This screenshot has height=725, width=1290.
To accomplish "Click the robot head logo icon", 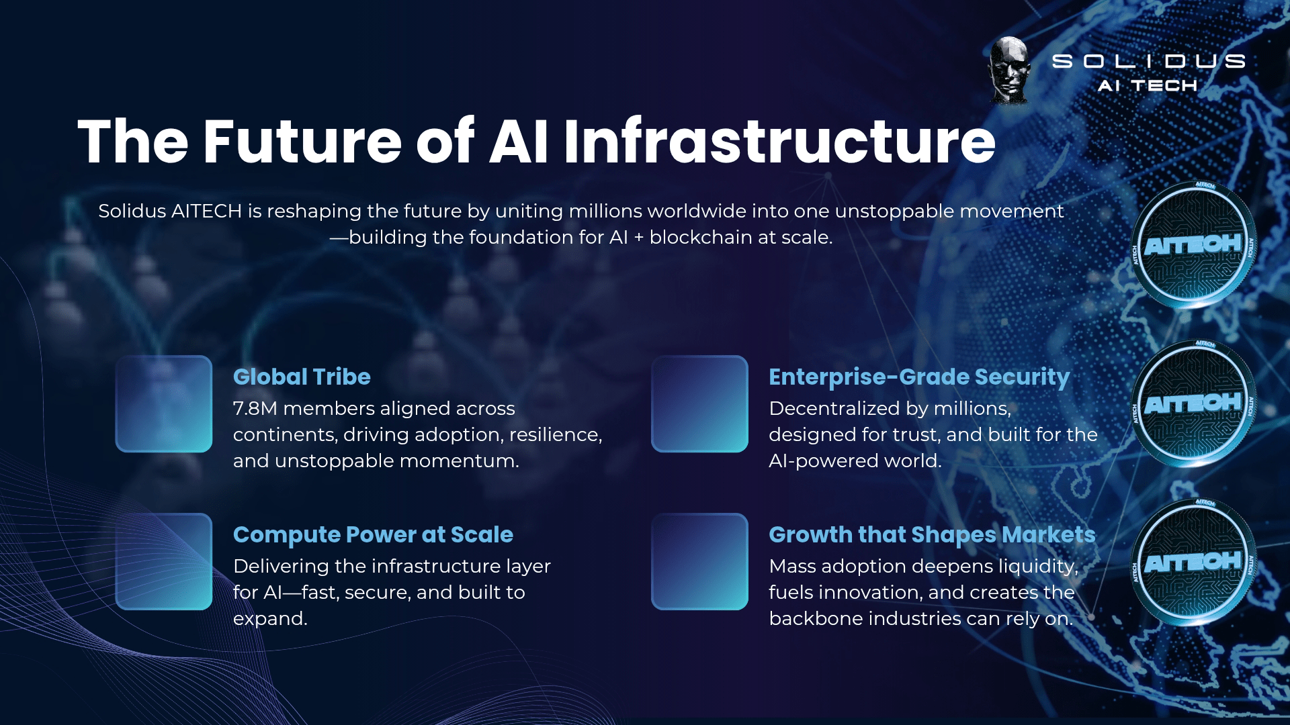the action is (x=1008, y=70).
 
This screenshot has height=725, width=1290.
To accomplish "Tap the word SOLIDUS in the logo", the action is (x=1148, y=61).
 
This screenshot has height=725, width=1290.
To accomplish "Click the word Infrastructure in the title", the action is (x=779, y=141).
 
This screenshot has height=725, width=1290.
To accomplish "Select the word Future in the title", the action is (x=302, y=141).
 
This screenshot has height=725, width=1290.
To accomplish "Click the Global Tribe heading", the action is (x=302, y=377).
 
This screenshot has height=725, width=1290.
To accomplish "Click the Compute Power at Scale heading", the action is (x=373, y=534).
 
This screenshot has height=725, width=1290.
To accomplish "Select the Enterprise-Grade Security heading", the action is (x=919, y=377).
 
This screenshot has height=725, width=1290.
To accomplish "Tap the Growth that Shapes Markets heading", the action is (x=932, y=535).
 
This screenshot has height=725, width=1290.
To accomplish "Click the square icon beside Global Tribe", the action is (x=164, y=403).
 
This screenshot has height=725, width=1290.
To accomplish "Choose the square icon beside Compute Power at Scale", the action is (x=164, y=561).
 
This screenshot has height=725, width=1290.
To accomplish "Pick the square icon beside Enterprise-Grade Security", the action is (x=699, y=403).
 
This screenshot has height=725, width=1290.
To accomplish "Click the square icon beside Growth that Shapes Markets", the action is (x=699, y=561).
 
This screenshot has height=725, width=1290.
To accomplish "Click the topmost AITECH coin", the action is (x=1194, y=245).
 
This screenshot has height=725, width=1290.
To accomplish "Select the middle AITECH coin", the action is (x=1194, y=403).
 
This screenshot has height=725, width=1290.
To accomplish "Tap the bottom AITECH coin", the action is (x=1194, y=562).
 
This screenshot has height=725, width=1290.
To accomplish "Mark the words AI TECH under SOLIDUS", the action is (x=1148, y=86).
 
